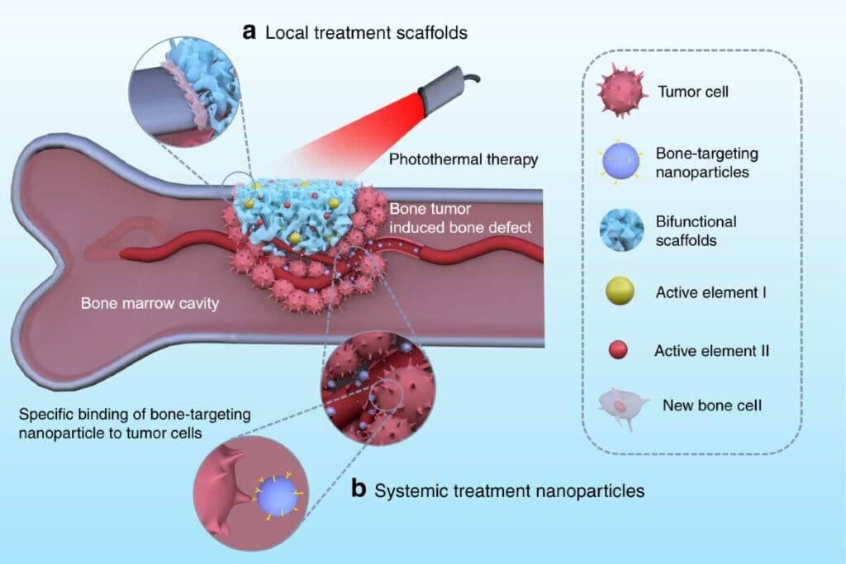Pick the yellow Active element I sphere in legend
click(x=621, y=292)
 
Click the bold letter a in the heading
click(x=249, y=33)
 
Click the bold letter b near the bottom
click(x=359, y=489)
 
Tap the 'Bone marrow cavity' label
click(x=149, y=303)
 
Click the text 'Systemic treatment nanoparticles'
click(x=509, y=491)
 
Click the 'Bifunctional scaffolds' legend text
click(x=696, y=231)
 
